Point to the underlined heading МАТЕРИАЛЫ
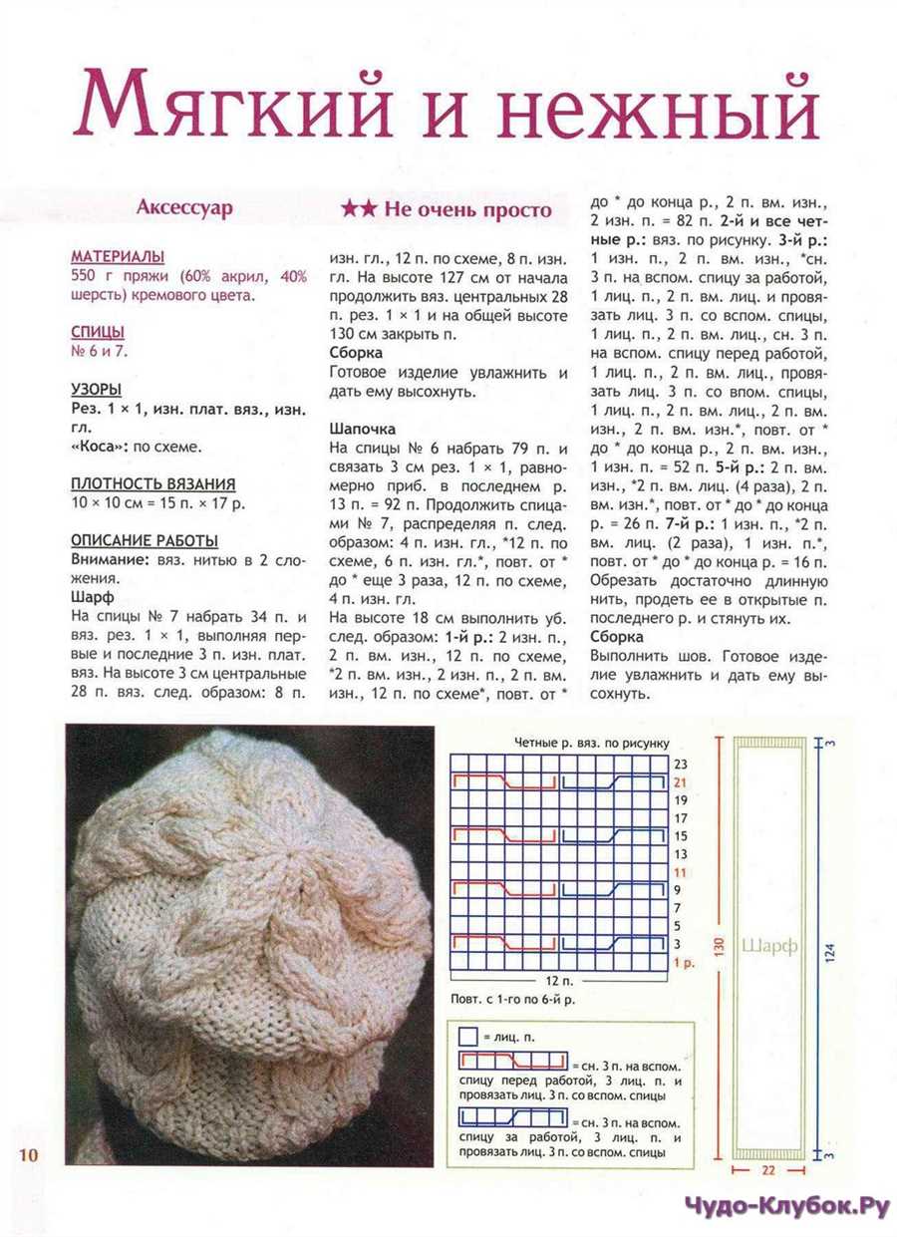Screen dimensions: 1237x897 click(x=118, y=256)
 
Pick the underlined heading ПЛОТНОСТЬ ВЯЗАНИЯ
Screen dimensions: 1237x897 click(x=152, y=483)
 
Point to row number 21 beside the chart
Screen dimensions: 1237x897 click(x=682, y=782)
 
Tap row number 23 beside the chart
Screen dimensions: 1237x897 click(x=682, y=765)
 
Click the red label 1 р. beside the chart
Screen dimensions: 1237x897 click(x=684, y=963)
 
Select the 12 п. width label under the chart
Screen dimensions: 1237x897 click(x=559, y=980)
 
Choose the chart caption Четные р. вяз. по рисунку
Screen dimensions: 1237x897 click(x=592, y=743)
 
